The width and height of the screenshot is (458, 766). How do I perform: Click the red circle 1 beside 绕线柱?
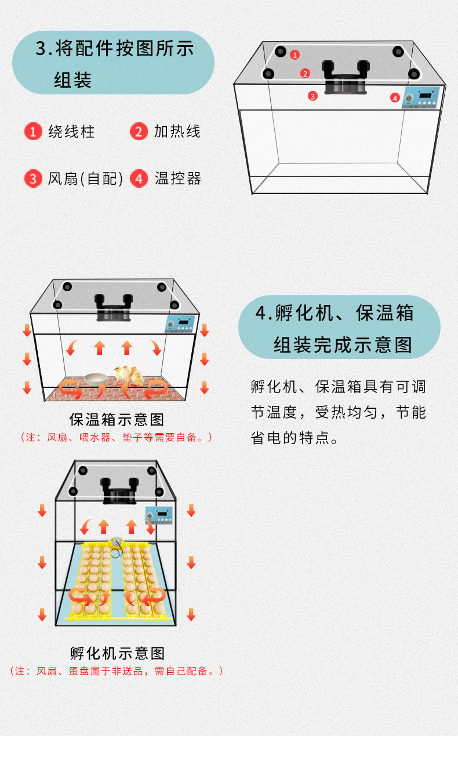tap(34, 131)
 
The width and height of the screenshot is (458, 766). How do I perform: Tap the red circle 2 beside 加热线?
tap(139, 131)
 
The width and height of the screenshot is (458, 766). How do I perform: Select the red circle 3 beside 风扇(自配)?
tap(34, 178)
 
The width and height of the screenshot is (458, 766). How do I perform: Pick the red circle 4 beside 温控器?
tap(139, 178)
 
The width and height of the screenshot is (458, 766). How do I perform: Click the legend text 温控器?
tap(178, 178)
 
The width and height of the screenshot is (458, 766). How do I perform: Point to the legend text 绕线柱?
tap(72, 131)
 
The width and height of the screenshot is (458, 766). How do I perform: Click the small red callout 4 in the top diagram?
tap(395, 98)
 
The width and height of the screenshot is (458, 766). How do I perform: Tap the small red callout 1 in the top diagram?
tap(295, 55)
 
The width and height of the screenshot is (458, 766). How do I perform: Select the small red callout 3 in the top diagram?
tap(313, 96)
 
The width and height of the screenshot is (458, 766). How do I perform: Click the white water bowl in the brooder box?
tap(95, 378)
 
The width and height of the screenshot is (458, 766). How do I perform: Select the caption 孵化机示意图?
tap(118, 654)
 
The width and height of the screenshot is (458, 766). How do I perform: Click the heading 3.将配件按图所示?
tap(115, 49)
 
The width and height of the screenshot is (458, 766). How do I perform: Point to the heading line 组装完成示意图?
tap(343, 345)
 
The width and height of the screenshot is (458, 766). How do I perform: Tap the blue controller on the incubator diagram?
tap(159, 515)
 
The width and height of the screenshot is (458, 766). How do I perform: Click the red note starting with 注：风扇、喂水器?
tap(116, 438)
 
